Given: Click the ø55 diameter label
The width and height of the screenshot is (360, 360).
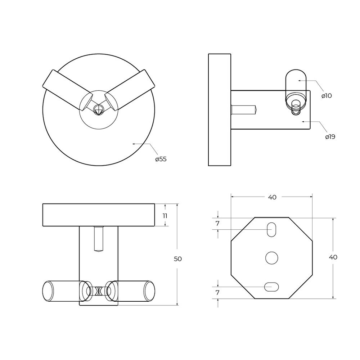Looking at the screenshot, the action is (161, 159).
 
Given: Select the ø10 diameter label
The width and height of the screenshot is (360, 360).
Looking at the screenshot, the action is (327, 96).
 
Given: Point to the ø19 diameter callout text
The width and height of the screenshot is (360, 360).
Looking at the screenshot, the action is (330, 137).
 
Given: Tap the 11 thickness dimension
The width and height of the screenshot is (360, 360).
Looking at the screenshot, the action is (165, 216).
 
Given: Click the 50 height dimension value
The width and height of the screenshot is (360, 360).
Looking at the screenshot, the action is (178, 259).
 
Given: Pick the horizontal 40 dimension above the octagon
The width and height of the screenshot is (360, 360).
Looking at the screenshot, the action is (272, 197).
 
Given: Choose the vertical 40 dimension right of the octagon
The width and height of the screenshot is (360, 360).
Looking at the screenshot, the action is (333, 257).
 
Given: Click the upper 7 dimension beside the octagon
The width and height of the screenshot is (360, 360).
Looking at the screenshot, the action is (218, 224).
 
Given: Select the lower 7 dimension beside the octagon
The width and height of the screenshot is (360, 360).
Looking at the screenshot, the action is (218, 292).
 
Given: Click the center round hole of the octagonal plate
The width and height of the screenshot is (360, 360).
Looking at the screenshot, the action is (271, 258).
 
